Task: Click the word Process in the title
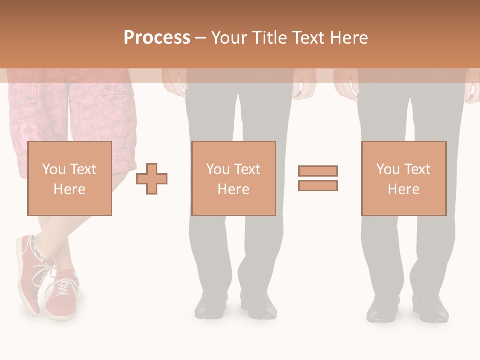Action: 157,38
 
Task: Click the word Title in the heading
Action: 269,38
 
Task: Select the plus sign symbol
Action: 152,179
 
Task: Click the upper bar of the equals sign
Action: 318,171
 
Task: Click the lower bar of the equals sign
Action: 318,185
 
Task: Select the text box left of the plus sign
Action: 69,178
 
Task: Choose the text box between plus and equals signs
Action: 233,178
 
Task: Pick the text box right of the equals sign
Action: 403,178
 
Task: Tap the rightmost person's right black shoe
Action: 431,308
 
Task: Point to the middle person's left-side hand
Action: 174,82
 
